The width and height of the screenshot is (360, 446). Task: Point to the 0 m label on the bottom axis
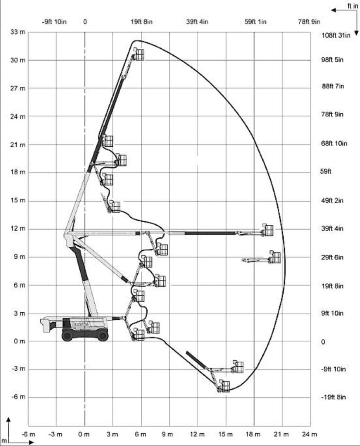coord(84,434)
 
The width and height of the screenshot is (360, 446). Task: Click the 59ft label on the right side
coord(326,172)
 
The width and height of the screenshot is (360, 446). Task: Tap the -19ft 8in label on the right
coord(333,397)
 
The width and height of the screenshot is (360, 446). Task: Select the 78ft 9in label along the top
coord(309,22)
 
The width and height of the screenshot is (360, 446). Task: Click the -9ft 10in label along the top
coord(55,22)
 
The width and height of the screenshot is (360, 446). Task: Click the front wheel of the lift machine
coord(102,335)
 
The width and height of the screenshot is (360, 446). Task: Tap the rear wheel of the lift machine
coord(68,335)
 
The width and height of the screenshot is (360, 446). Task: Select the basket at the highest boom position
coord(139,54)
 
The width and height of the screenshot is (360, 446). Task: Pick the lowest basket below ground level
coord(224,386)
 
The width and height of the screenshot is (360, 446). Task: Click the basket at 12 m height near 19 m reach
coord(268,230)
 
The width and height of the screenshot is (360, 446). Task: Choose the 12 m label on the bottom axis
coord(197,434)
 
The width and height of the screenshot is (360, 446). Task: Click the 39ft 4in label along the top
coord(197,22)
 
